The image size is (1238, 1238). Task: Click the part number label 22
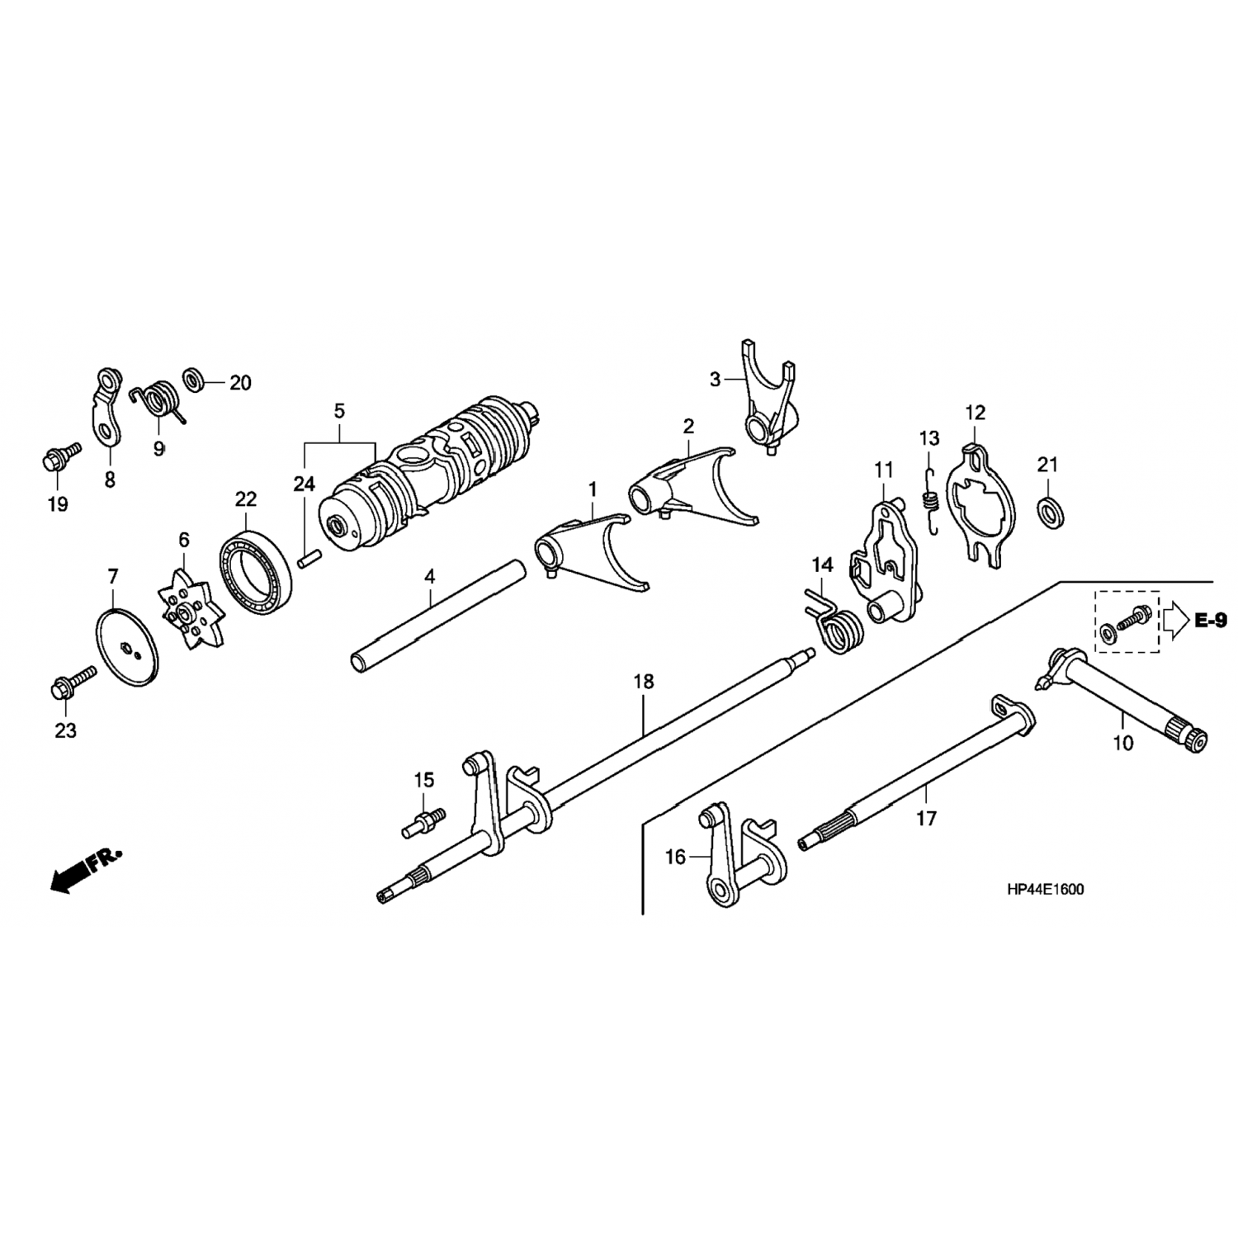coord(245,499)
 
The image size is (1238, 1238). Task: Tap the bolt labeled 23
coord(73,683)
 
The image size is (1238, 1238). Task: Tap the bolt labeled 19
coord(60,456)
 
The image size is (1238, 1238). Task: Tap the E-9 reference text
coord(1210,620)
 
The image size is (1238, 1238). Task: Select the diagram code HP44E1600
coord(1045,889)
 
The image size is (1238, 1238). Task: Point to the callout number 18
coord(644,682)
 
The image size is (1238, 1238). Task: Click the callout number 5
coord(339,410)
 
